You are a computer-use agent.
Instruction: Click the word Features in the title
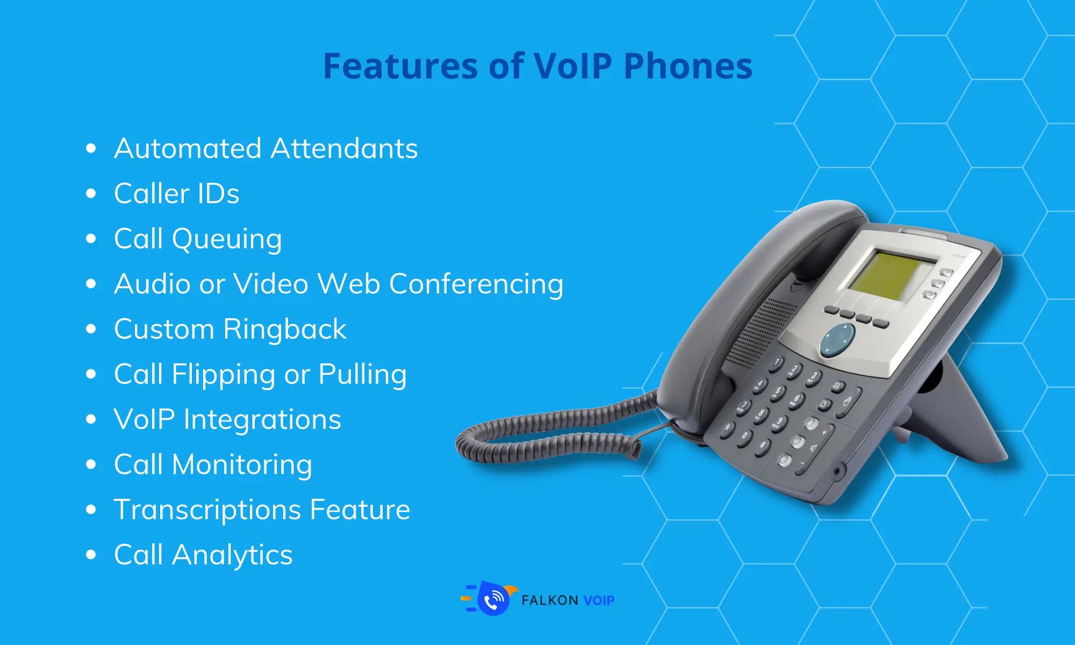click(400, 66)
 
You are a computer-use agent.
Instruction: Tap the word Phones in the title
click(688, 66)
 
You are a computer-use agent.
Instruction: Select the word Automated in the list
click(188, 148)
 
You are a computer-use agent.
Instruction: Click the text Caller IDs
click(177, 193)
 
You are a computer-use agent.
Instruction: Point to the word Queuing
click(227, 240)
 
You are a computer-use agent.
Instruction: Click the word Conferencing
click(476, 285)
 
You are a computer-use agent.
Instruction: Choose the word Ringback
click(285, 330)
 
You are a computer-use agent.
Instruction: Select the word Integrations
click(262, 420)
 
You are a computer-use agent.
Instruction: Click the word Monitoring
click(242, 465)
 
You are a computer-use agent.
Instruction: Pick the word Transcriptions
click(207, 511)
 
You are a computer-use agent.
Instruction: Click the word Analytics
click(232, 556)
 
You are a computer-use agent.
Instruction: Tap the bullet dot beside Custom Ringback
click(91, 329)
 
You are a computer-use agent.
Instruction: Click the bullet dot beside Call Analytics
click(91, 555)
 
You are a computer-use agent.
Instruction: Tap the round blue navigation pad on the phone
click(837, 340)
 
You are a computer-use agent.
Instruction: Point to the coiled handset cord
click(554, 430)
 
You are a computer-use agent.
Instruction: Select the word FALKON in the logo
click(550, 600)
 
